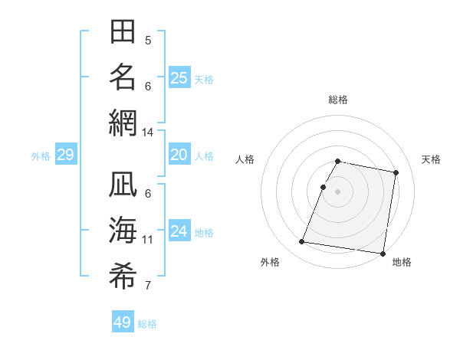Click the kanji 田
tap(123, 32)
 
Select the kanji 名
tap(123, 77)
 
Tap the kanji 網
tap(123, 122)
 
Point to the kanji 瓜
tap(123, 186)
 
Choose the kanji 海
tap(123, 231)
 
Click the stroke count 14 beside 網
tap(147, 133)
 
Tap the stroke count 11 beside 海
tap(147, 240)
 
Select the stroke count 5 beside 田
tap(148, 41)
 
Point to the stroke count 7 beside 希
tap(148, 286)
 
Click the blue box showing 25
tap(179, 77)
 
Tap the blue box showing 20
tap(179, 155)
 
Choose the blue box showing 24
tap(179, 231)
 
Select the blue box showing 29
tap(66, 155)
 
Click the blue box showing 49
tap(123, 322)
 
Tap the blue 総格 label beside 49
tap(147, 324)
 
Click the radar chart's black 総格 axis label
tap(338, 100)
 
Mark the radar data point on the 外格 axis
tap(302, 242)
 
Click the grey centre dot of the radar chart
tap(337, 191)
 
